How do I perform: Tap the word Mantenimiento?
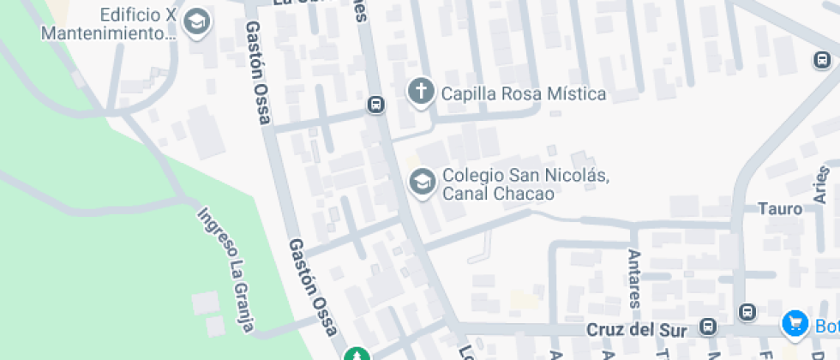pyautogui.click(x=107, y=33)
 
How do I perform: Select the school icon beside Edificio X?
pyautogui.click(x=198, y=23)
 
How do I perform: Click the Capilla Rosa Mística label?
pyautogui.click(x=524, y=93)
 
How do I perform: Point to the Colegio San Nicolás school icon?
pyautogui.click(x=421, y=183)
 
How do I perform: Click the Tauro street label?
pyautogui.click(x=779, y=209)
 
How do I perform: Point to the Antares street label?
pyautogui.click(x=635, y=279)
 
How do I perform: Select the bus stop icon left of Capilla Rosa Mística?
pyautogui.click(x=375, y=105)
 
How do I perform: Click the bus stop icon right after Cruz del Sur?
pyautogui.click(x=708, y=327)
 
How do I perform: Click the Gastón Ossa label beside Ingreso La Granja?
pyautogui.click(x=313, y=287)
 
